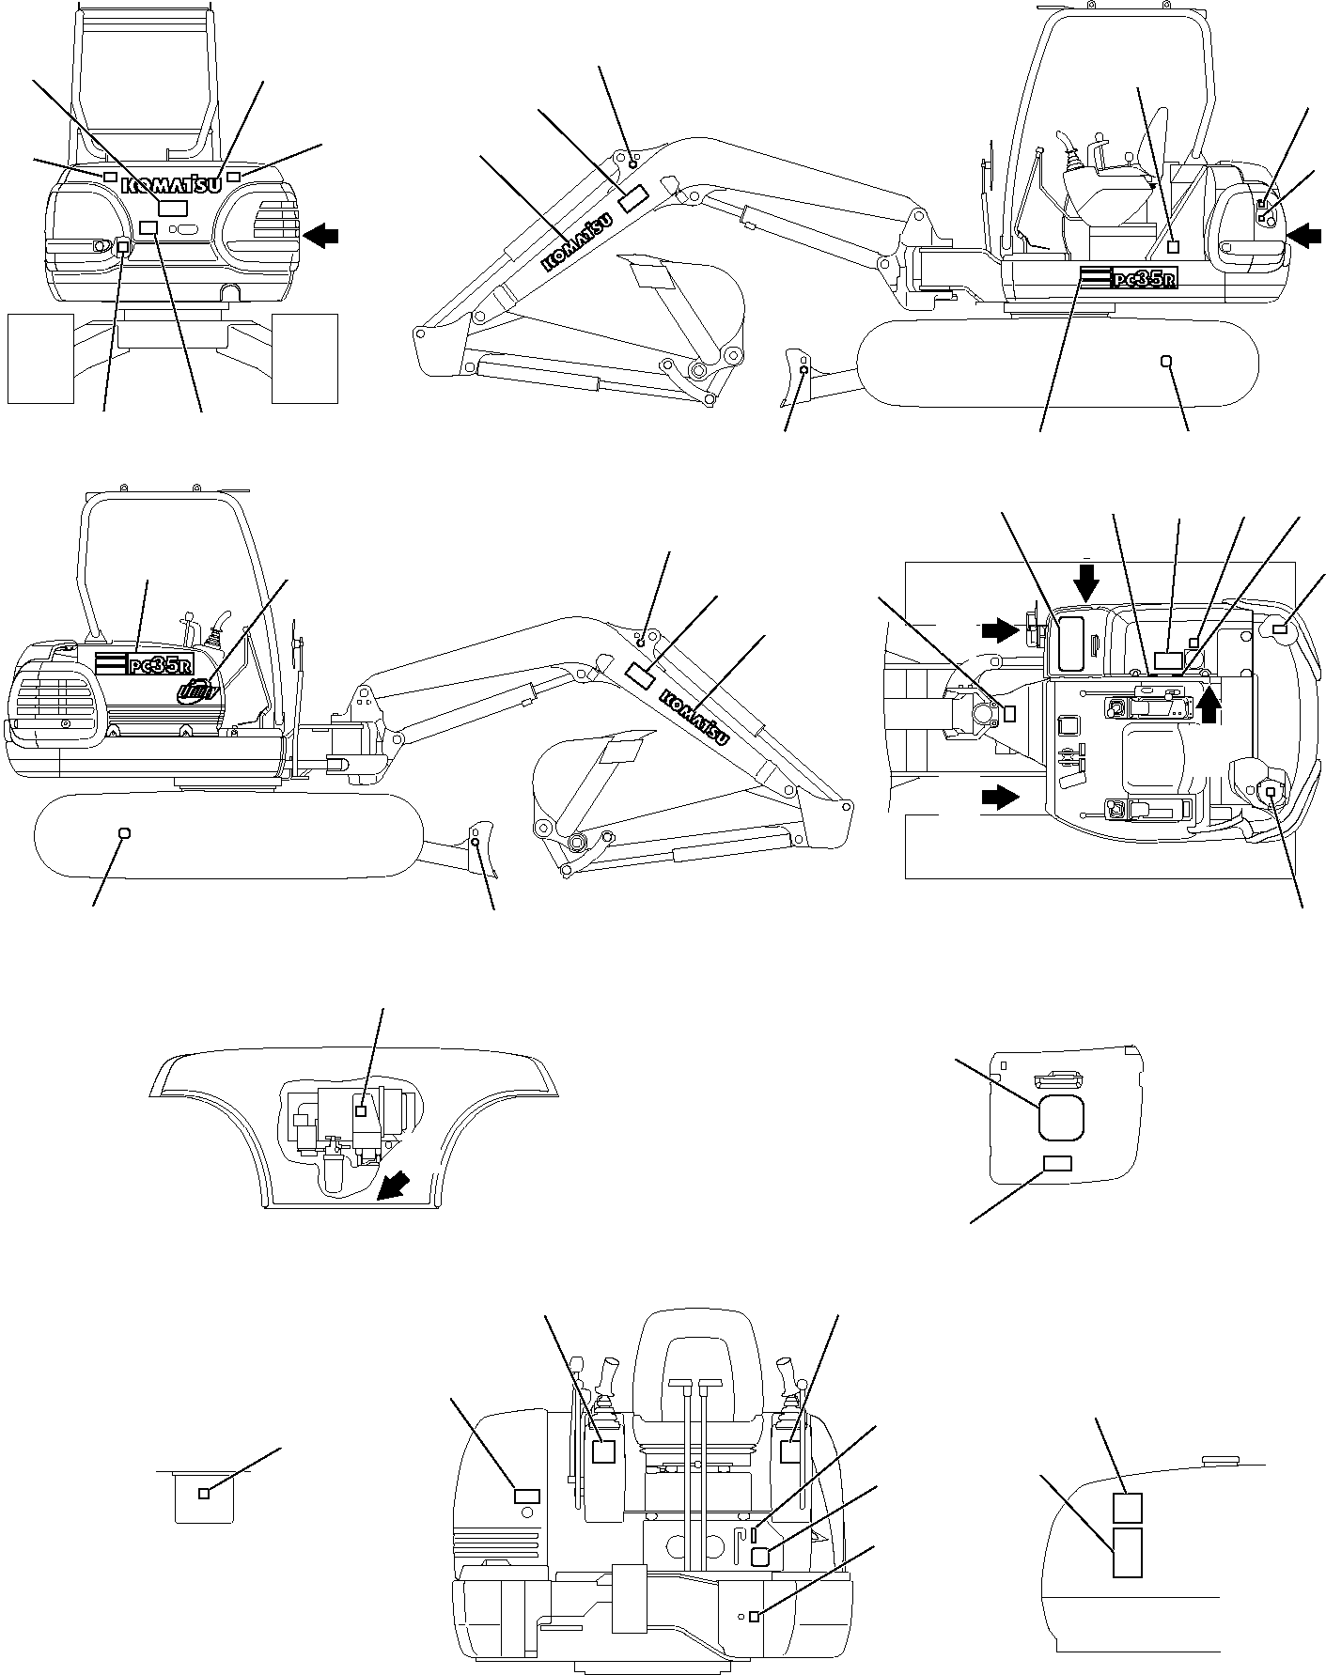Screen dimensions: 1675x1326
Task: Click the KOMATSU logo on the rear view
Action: (173, 185)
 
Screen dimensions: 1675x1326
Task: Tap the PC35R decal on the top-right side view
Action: (1129, 278)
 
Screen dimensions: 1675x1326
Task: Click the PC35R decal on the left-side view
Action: (144, 662)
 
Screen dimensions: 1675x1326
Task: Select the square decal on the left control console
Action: (604, 1450)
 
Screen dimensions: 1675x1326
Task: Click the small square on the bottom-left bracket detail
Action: (204, 1494)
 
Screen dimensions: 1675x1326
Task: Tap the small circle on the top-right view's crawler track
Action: (1166, 361)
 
